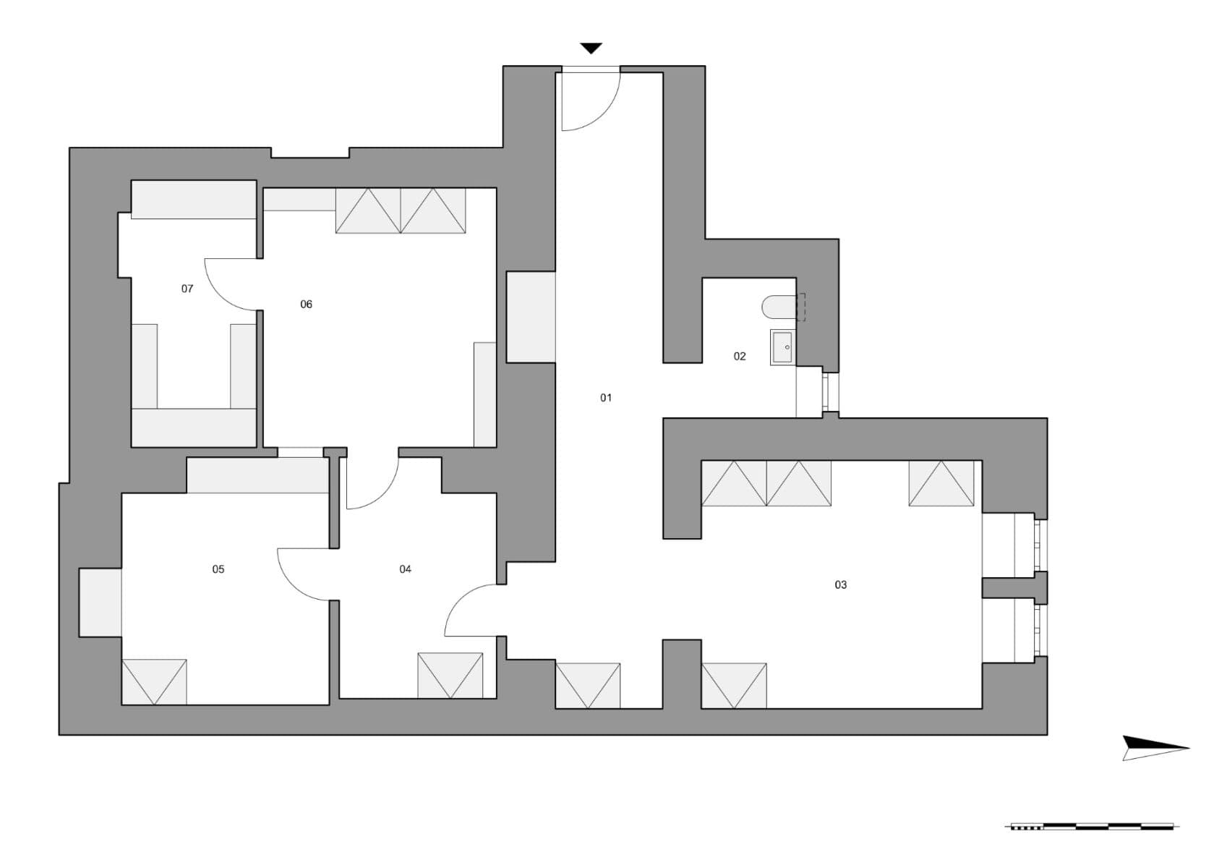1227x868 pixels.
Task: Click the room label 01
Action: click(606, 397)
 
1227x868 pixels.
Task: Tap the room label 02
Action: click(740, 356)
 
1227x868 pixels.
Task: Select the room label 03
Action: click(840, 584)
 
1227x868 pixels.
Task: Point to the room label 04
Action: click(405, 569)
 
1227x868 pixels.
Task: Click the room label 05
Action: click(218, 569)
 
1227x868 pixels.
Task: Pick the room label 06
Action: click(307, 305)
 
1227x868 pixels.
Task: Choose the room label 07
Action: click(187, 289)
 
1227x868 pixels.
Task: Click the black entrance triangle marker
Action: click(591, 48)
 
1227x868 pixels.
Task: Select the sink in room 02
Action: click(782, 347)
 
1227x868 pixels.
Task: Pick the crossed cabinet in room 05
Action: click(154, 681)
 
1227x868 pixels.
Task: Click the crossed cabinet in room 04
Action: click(450, 676)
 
